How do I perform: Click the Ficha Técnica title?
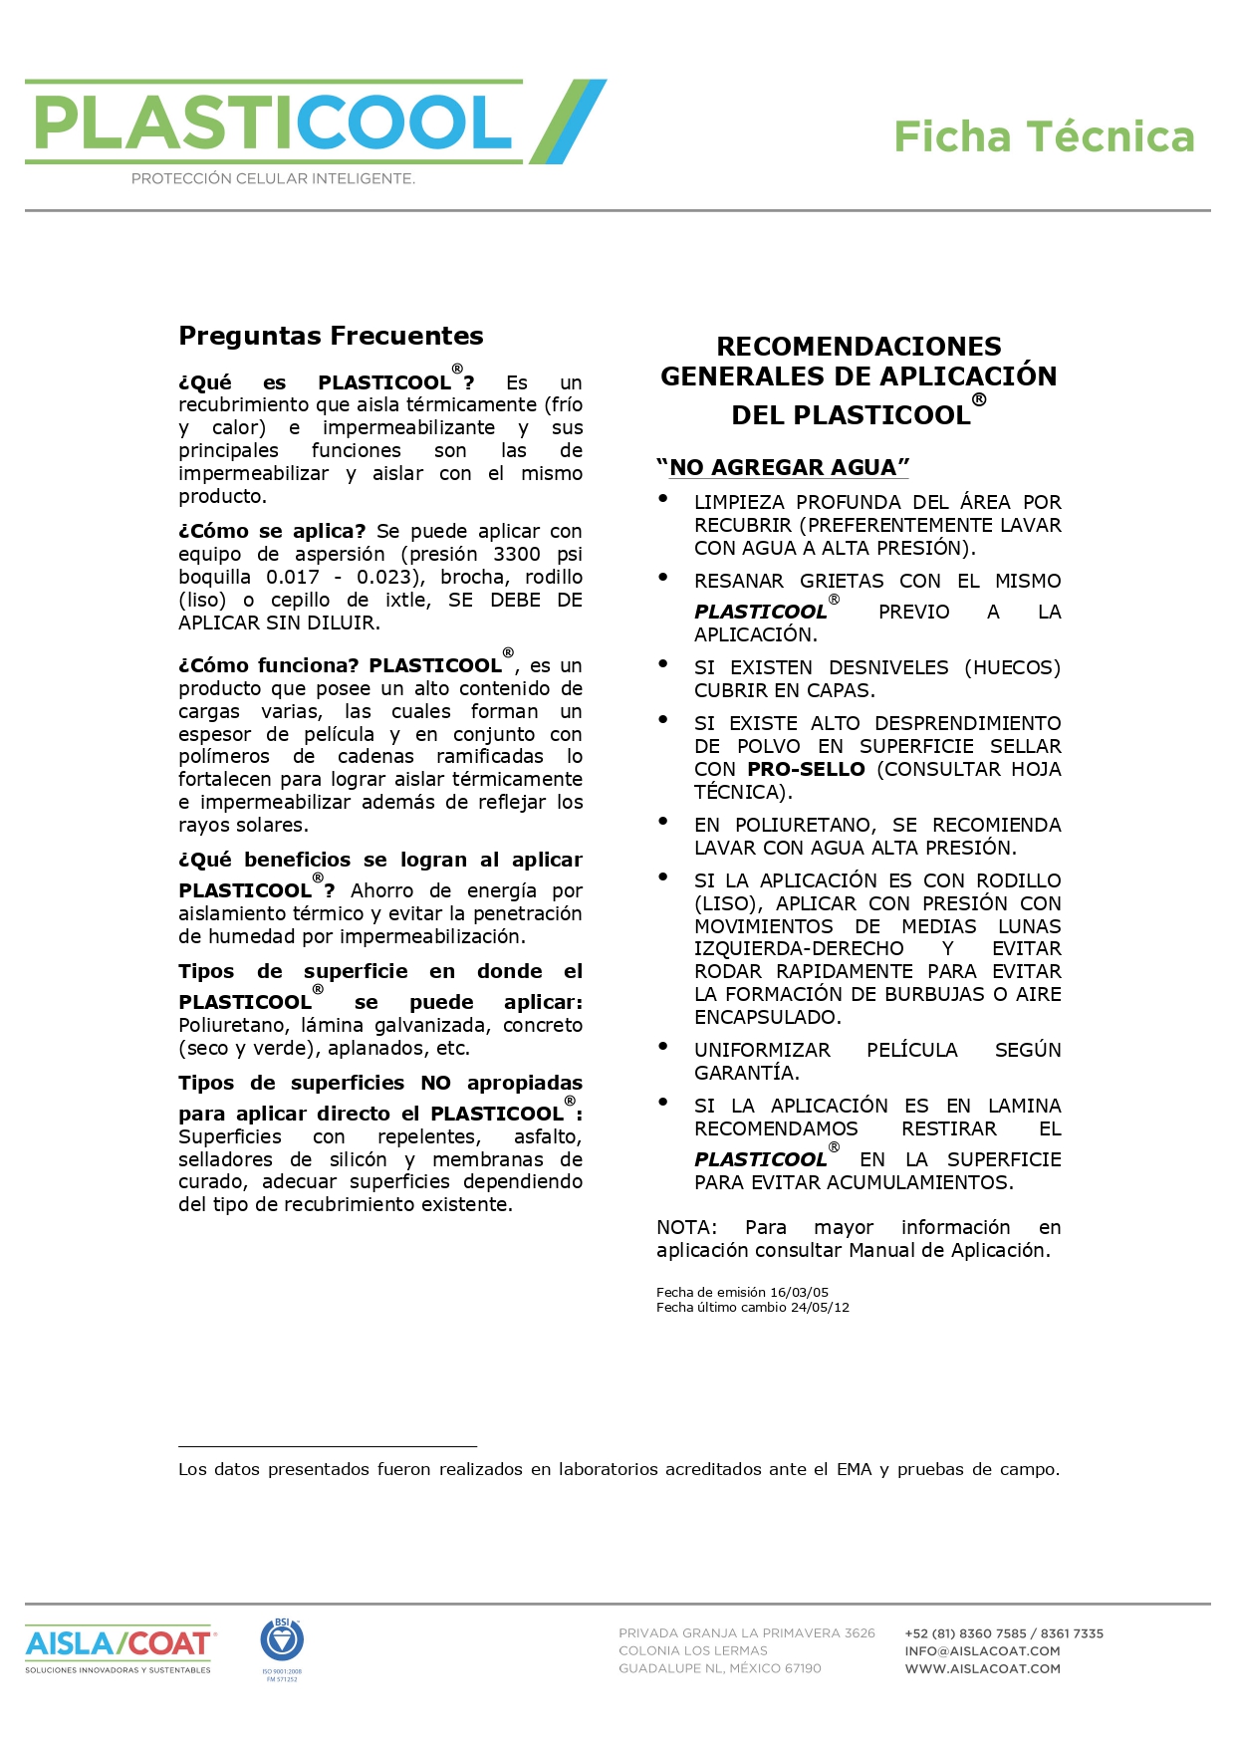click(x=1043, y=137)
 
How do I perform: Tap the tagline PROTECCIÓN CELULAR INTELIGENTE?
click(x=273, y=179)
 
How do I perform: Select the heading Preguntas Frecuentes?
click(x=331, y=336)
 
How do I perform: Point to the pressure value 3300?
click(x=516, y=554)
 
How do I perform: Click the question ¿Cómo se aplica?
click(x=272, y=531)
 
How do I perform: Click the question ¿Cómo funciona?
click(x=268, y=665)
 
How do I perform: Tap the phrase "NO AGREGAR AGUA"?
click(x=783, y=467)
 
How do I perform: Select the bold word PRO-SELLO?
click(x=806, y=769)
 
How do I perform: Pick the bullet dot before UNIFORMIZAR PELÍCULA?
click(x=663, y=1047)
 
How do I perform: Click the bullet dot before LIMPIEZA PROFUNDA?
click(x=663, y=499)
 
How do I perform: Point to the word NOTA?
click(x=686, y=1227)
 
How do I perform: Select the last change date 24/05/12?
click(x=820, y=1307)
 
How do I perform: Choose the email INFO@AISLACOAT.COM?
click(x=982, y=1650)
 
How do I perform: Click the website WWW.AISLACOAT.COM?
click(x=982, y=1668)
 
